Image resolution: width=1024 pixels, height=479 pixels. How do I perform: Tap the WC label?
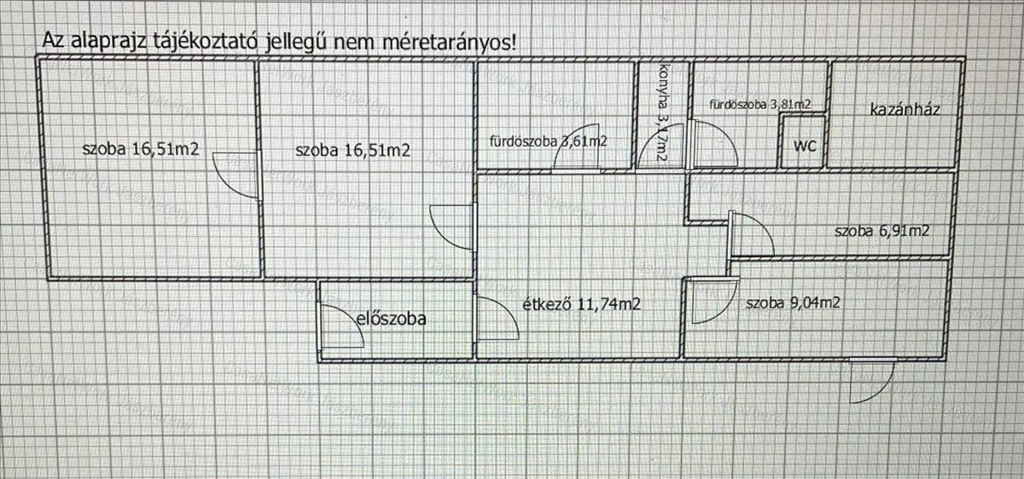point(805,146)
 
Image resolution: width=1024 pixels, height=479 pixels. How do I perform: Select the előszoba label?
point(390,320)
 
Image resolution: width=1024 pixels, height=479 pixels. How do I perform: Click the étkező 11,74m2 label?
point(581,303)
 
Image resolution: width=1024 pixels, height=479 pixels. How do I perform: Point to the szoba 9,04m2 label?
point(794,303)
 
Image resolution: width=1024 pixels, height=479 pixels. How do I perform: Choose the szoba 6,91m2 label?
point(881,231)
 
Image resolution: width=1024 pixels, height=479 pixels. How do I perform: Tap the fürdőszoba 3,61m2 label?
point(548,141)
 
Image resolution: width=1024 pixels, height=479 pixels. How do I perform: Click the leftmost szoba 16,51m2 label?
point(141,150)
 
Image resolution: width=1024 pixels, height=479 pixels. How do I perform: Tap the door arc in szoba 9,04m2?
point(712,302)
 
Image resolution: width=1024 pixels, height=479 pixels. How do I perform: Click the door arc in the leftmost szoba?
point(234,175)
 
